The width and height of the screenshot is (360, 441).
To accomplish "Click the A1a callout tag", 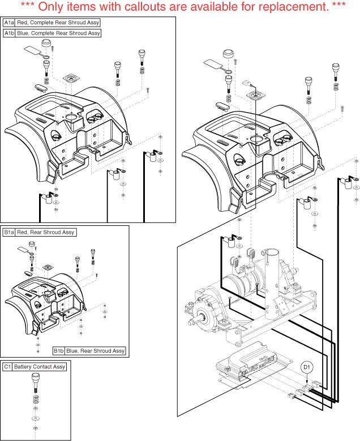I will (x=9, y=22).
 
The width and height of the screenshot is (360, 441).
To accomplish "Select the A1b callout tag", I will (x=9, y=33).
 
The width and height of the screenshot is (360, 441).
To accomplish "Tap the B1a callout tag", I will (x=9, y=232).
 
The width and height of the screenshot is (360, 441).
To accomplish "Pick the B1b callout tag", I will (x=59, y=351).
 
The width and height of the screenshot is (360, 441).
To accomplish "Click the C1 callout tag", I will (x=7, y=367).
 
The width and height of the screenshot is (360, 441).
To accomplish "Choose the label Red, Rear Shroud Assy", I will (x=45, y=232).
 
